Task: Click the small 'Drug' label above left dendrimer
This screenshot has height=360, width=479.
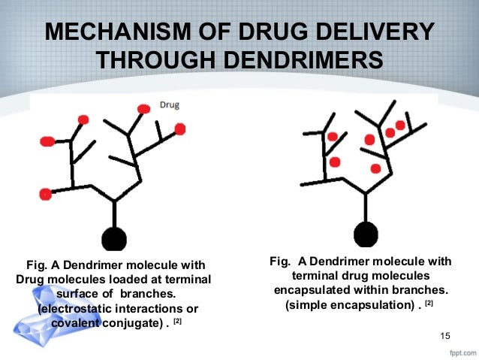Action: (169, 105)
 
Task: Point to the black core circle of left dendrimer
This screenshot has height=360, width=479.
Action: (113, 238)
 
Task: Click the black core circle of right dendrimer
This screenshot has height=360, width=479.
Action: (366, 234)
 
